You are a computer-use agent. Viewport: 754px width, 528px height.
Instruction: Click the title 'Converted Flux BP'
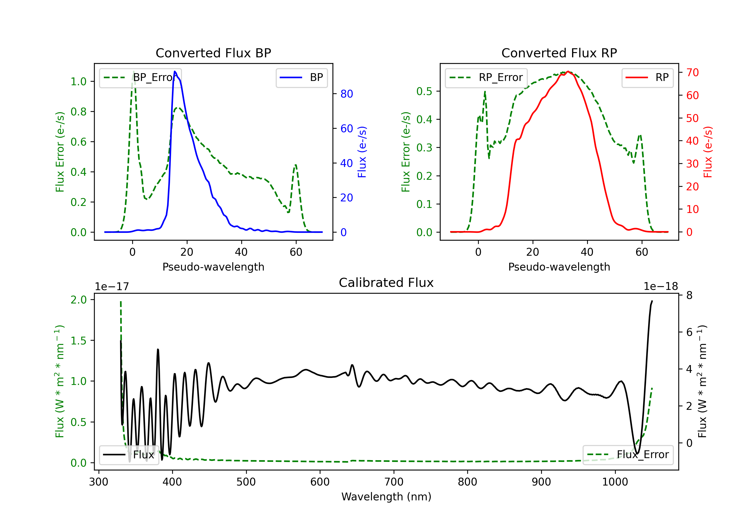point(213,53)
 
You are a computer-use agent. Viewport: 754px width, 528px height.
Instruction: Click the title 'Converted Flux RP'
point(559,53)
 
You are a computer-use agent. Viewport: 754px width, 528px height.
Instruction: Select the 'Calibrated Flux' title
point(386,283)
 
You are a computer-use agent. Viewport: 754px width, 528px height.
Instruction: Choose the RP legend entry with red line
point(647,77)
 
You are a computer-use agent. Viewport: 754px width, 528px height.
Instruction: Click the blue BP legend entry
point(301,77)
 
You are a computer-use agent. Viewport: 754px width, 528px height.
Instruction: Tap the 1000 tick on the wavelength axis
point(615,482)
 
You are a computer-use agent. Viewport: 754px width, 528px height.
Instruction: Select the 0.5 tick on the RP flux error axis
point(424,91)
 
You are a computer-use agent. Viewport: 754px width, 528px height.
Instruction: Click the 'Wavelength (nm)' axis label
point(386,497)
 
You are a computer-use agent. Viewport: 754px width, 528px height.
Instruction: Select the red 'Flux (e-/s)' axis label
point(708,152)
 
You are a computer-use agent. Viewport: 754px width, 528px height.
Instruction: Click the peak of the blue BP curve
point(175,71)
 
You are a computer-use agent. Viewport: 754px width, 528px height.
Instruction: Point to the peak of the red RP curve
point(568,71)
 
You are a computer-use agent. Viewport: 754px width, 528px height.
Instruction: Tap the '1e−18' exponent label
point(661,287)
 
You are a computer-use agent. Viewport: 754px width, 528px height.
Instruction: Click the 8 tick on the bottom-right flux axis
point(689,295)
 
